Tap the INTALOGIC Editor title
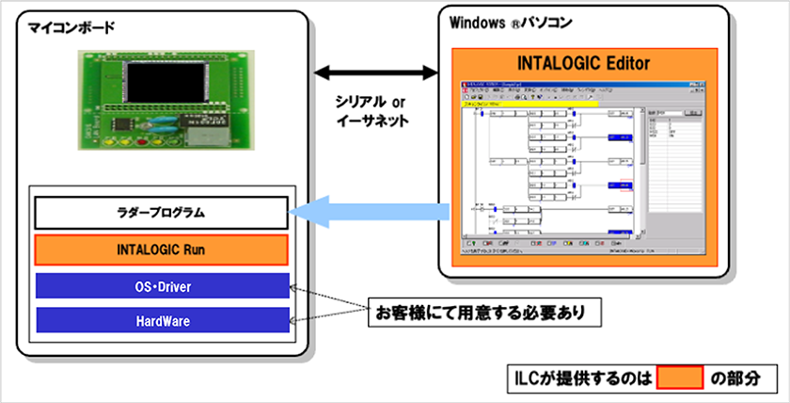(583, 63)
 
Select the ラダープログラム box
(161, 214)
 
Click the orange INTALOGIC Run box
(161, 250)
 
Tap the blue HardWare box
(161, 321)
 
